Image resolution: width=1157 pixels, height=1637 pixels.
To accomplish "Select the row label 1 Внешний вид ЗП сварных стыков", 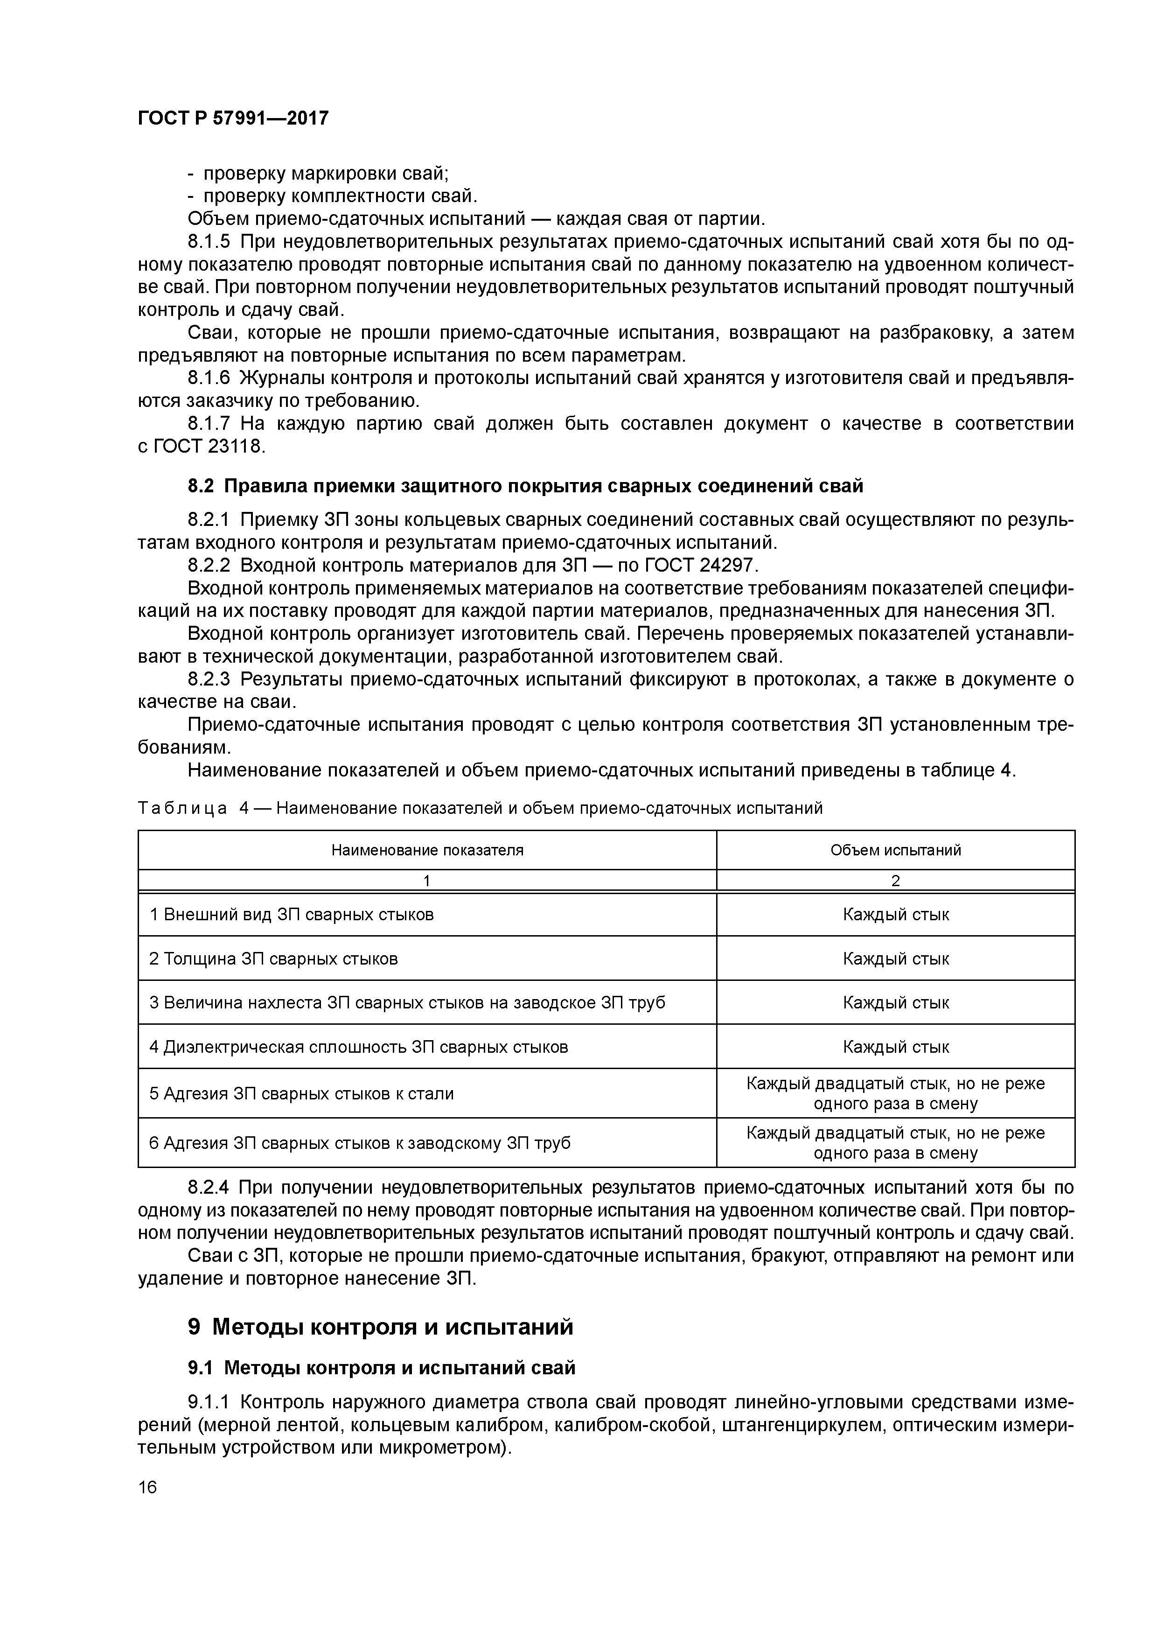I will [292, 915].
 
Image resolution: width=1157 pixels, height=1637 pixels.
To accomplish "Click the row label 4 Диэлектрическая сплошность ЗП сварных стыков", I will [359, 1047].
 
